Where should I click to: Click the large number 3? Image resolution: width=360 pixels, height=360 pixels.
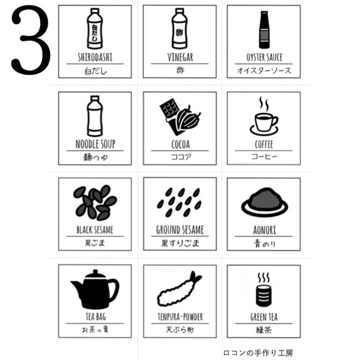(30, 41)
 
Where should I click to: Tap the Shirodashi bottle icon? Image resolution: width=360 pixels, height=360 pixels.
(94, 29)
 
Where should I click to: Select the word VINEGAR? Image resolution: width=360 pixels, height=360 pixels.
(180, 57)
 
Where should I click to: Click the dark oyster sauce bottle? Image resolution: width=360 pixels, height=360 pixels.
(264, 30)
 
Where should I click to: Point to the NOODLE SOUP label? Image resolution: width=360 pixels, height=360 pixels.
(94, 144)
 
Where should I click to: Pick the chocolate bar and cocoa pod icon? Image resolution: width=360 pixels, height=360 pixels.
(180, 117)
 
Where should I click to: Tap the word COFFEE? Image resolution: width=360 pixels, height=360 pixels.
(264, 144)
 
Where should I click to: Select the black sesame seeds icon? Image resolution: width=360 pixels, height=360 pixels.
(95, 203)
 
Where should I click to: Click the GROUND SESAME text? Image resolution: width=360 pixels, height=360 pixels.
(180, 230)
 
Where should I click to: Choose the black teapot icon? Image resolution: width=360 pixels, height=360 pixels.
(94, 290)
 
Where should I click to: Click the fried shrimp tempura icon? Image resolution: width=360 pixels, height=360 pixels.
(180, 289)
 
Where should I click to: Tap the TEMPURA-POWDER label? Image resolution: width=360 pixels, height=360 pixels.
(180, 317)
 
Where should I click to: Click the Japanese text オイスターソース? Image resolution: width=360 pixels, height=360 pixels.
(264, 70)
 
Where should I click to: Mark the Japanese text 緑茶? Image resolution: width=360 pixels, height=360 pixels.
(264, 330)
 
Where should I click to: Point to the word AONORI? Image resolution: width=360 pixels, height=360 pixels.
(264, 230)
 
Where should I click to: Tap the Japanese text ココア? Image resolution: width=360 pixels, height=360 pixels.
(180, 157)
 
